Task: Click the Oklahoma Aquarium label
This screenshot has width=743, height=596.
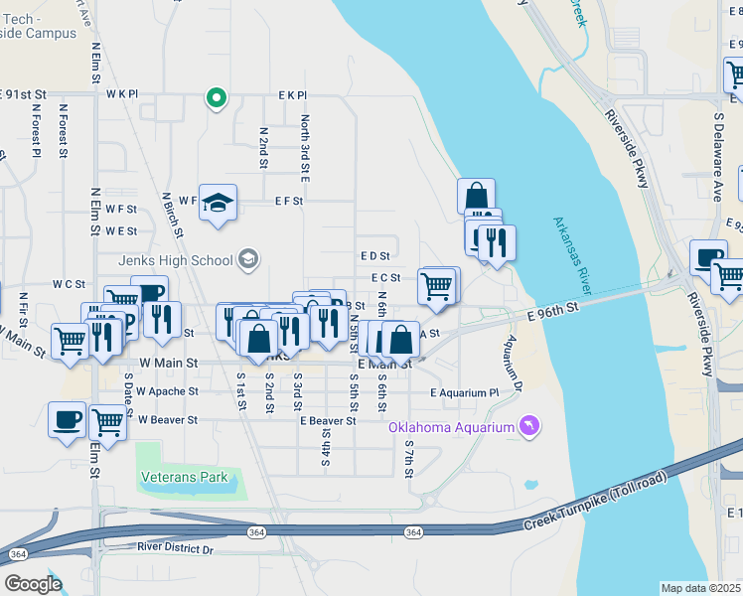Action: [451, 427]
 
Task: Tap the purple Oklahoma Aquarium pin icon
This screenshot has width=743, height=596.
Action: [529, 426]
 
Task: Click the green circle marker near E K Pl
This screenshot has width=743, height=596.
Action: [216, 97]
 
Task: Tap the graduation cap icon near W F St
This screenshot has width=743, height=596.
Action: [218, 204]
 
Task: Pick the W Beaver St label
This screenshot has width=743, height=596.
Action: [168, 420]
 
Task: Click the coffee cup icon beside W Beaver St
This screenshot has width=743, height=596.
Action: [69, 419]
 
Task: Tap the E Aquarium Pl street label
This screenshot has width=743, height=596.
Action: [463, 393]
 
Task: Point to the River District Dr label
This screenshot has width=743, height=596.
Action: [176, 548]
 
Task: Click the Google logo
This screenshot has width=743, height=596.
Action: [33, 584]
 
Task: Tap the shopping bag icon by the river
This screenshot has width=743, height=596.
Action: [476, 196]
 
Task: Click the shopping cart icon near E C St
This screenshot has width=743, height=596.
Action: [437, 286]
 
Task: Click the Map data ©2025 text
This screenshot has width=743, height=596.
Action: [700, 588]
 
